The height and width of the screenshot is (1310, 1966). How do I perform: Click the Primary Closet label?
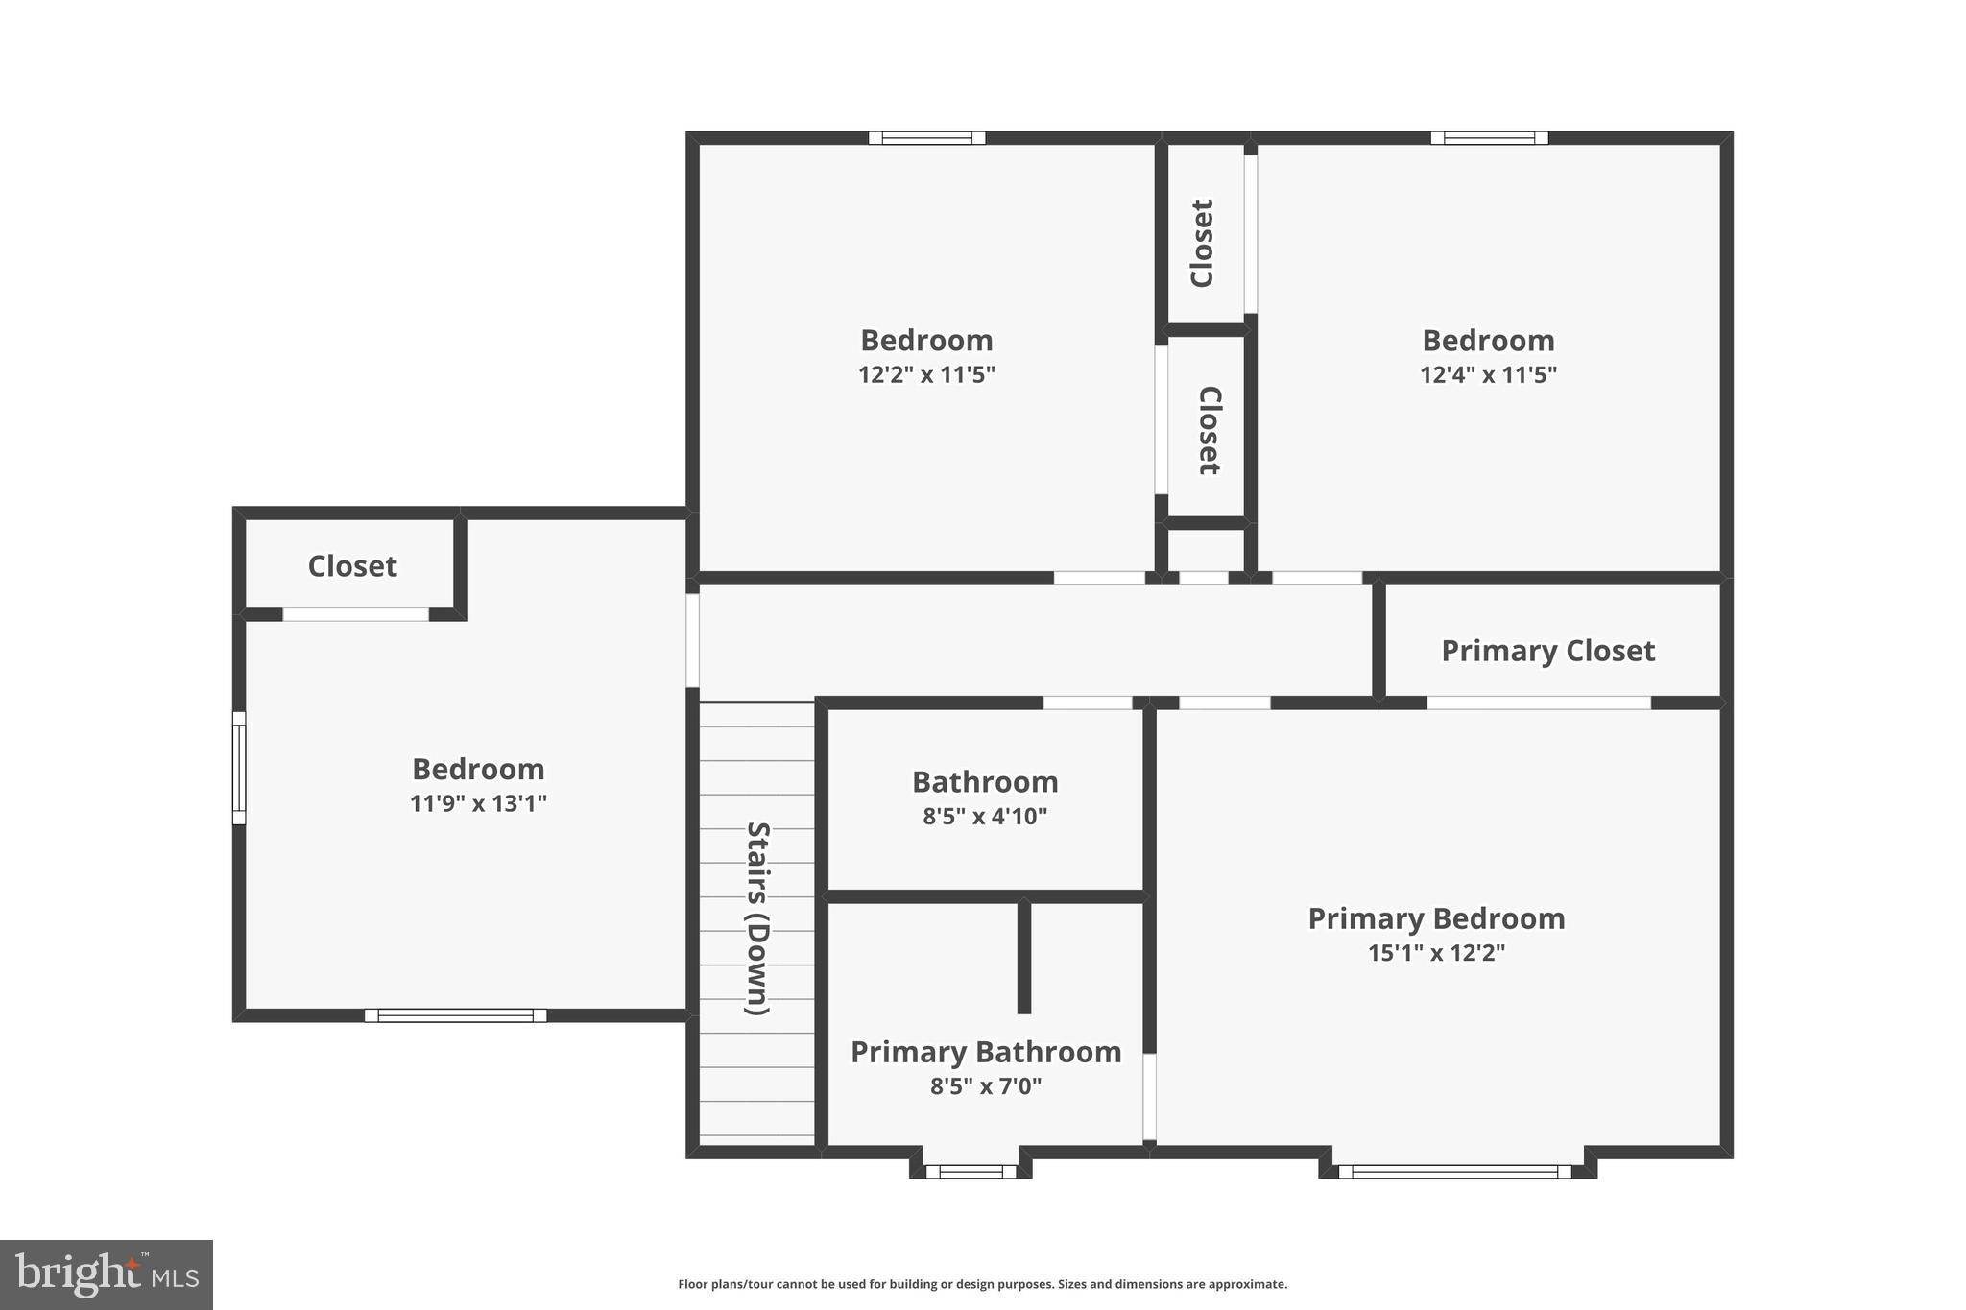point(1547,651)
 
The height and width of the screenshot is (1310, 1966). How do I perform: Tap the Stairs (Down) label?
point(758,917)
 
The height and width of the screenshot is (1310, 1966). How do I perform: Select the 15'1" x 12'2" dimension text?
point(1436,953)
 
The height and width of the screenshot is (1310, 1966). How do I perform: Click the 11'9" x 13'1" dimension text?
point(478,803)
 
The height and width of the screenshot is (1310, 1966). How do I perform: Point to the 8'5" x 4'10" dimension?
point(985,817)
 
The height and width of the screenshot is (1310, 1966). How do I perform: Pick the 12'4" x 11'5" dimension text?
point(1488,374)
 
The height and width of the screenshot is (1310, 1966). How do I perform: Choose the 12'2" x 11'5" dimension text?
point(926,374)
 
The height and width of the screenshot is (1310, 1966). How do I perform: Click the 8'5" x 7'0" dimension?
point(985,1086)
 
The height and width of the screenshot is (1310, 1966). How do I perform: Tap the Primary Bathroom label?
point(986,1052)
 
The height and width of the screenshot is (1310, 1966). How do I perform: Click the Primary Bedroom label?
point(1436,918)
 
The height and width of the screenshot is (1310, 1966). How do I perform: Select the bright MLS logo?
point(107,1274)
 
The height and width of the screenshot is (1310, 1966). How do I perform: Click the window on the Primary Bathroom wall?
point(971,1171)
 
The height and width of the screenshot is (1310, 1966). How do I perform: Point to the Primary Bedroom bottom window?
point(1454,1171)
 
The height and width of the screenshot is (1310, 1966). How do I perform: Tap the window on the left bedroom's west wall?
point(239,768)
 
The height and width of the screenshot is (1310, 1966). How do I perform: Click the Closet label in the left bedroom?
point(352,566)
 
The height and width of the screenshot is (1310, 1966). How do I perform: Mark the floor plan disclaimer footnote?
point(982,1284)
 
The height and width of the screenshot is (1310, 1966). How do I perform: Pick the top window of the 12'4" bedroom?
point(1489,138)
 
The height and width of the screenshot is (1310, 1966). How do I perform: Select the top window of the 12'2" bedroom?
point(926,138)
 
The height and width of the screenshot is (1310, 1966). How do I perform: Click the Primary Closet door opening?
point(1538,703)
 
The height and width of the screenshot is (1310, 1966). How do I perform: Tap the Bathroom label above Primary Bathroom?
point(985,782)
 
